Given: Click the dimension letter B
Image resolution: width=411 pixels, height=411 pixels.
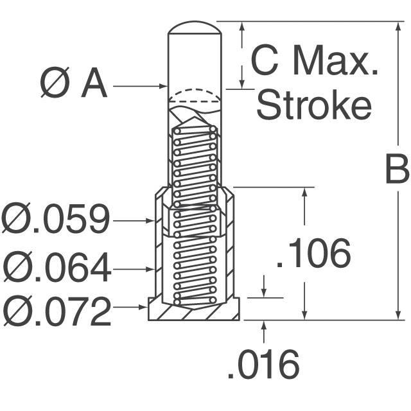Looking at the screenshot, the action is [397, 169].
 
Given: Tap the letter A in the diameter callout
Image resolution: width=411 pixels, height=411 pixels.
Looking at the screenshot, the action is [94, 83].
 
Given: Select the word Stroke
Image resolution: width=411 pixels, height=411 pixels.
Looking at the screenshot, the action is [314, 104].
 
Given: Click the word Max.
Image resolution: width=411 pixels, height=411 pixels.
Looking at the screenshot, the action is [335, 60].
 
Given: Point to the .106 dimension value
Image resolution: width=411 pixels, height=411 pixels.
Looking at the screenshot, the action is [314, 253].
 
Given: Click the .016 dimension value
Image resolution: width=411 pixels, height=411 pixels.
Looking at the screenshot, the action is [263, 364].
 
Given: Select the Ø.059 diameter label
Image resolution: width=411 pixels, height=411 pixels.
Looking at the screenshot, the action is [56, 218].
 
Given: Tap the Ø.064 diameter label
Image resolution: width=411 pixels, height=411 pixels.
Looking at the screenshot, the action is [56, 267].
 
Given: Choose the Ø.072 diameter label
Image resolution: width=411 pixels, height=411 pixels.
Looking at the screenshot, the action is [56, 311].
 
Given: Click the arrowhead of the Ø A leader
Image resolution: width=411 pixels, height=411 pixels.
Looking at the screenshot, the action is [164, 86].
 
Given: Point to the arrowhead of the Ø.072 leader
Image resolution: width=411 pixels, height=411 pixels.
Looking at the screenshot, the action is [143, 307].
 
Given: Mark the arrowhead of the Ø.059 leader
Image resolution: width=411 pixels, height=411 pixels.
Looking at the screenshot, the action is [150, 221].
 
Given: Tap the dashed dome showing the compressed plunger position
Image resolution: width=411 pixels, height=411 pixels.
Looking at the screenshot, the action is [195, 89].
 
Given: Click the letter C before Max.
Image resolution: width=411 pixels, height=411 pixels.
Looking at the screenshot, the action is [265, 60].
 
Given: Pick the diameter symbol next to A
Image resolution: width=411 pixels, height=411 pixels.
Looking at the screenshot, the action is [55, 82].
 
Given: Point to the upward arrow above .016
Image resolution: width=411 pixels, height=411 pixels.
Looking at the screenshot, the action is [264, 331].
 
